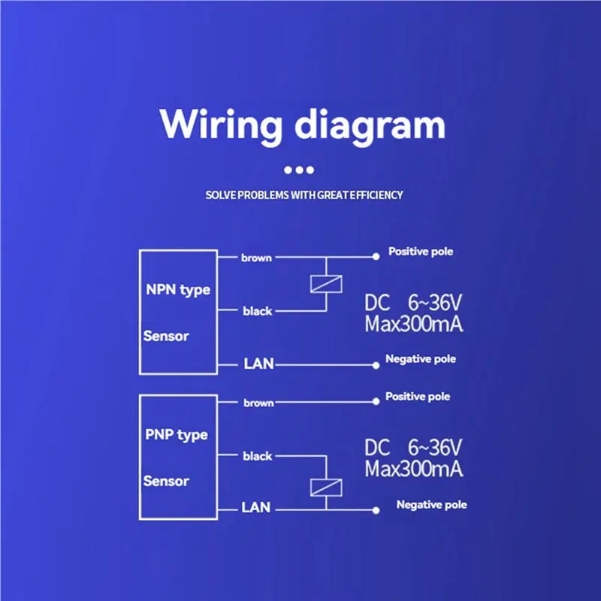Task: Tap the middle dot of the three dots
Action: pos(299,171)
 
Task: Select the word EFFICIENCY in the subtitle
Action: pos(376,195)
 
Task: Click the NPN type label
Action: pos(178,290)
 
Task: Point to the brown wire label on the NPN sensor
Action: pos(256,258)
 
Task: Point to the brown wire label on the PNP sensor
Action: pos(258,403)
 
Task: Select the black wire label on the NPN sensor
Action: pos(257,311)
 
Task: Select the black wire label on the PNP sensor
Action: pos(258,456)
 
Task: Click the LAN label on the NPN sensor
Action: pos(258,364)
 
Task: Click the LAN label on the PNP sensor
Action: pos(255,508)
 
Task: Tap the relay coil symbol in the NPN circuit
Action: pos(326,284)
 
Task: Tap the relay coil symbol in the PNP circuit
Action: pos(326,488)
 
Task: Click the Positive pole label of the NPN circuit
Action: pos(421,252)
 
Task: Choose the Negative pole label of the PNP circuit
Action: pos(431,505)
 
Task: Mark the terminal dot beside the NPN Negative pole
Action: pos(376,365)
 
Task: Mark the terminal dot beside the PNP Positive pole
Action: pos(376,403)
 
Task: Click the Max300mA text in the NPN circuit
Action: pos(413,325)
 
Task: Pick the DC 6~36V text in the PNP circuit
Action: pos(413,448)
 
